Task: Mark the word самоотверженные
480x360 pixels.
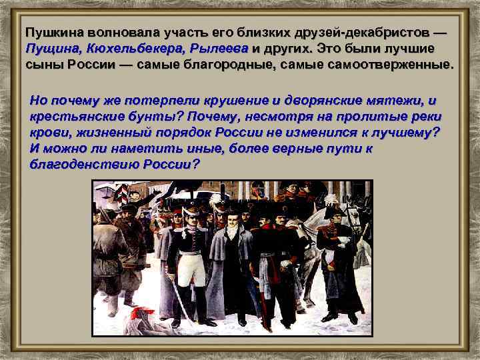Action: [394, 65]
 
